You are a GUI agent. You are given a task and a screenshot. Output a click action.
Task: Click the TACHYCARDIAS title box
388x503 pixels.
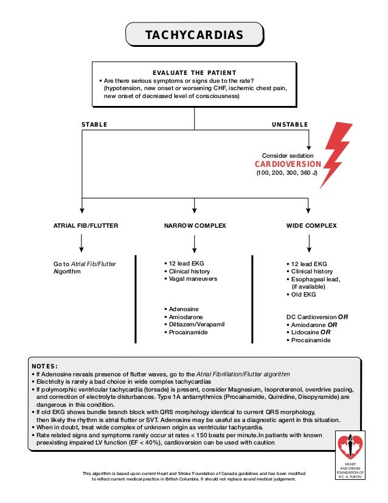194,35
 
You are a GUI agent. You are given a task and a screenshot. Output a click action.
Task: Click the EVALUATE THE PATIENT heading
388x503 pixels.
194,72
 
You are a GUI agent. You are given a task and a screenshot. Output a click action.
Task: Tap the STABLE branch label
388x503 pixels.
94,124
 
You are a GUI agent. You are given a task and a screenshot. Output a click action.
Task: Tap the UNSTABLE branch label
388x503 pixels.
289,124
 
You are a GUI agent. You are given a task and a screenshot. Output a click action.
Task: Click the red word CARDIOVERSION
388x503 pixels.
288,164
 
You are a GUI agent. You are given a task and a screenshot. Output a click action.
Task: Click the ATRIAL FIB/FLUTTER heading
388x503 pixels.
86,226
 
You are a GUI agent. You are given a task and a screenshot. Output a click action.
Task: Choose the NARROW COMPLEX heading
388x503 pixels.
195,226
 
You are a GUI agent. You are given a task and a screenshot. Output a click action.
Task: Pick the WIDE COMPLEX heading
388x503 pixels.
311,226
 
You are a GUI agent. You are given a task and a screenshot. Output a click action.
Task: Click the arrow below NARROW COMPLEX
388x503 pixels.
195,244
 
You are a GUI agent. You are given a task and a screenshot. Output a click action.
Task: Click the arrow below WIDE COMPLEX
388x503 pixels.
310,244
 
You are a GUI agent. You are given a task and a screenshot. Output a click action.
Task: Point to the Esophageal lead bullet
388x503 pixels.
315,279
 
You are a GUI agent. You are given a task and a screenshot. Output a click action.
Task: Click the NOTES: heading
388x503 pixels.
44,366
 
